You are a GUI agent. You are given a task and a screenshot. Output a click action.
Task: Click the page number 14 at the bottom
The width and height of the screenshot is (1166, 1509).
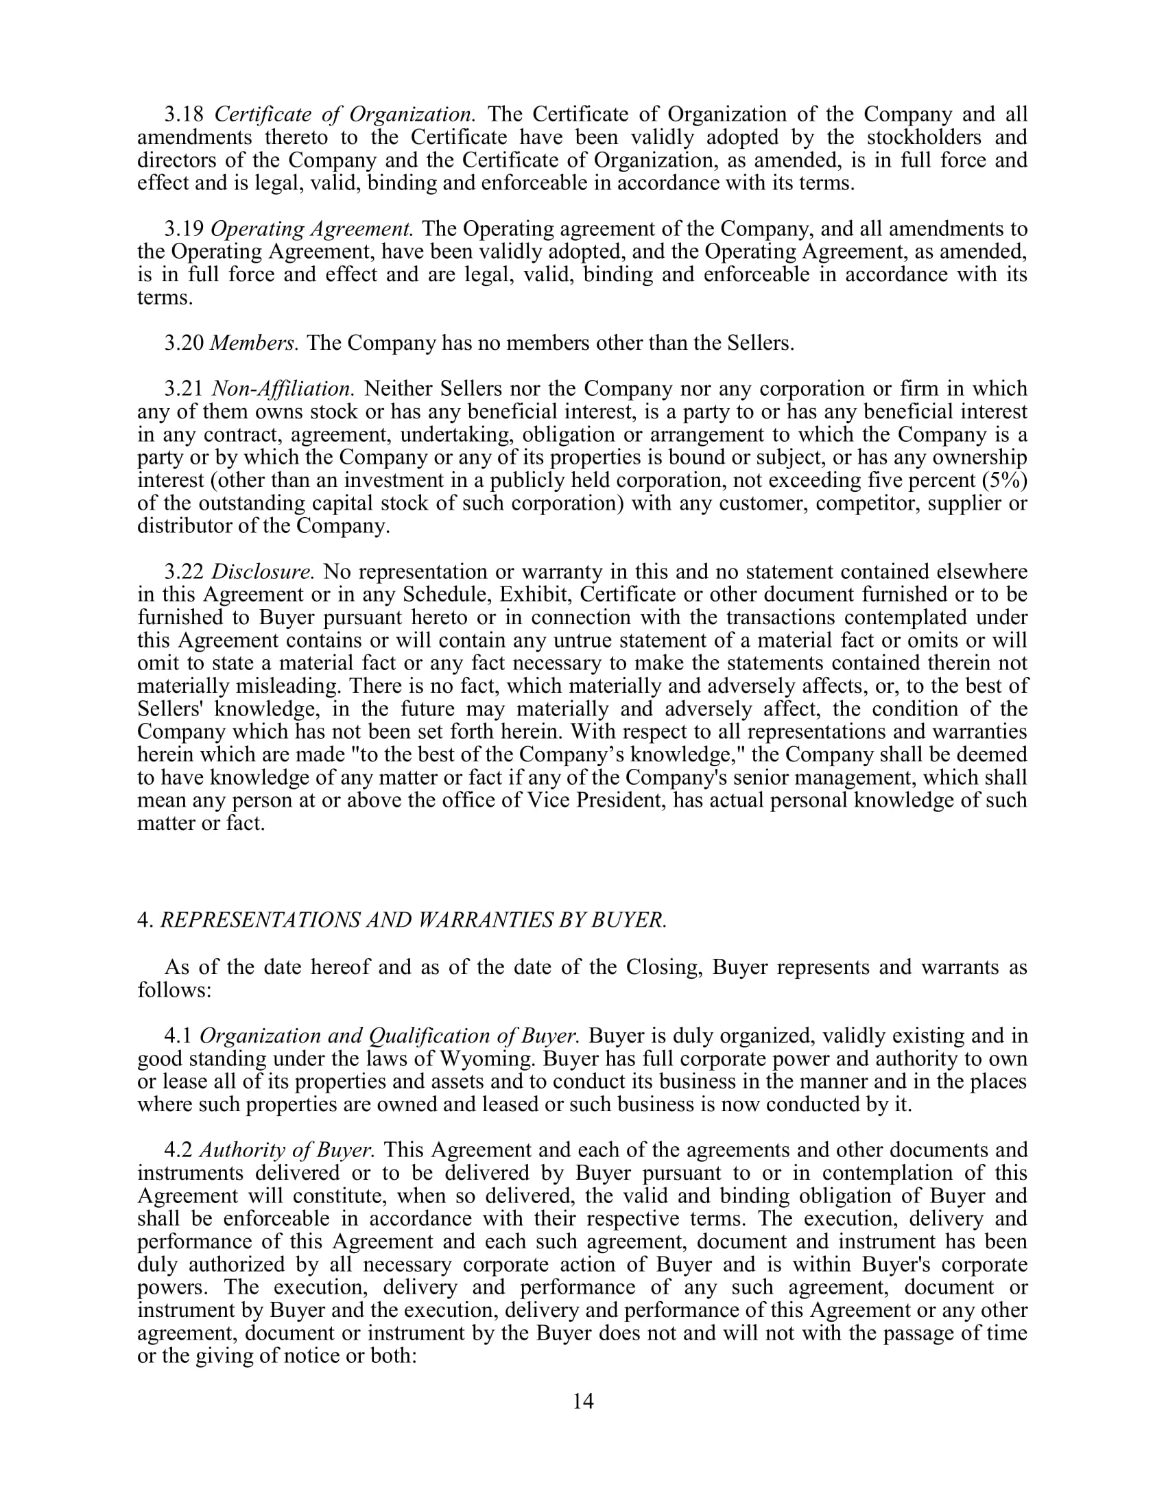(582, 1401)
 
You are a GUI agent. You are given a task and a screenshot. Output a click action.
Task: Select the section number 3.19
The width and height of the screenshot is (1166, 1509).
(183, 228)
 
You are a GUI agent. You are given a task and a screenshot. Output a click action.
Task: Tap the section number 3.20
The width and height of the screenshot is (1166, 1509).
(183, 343)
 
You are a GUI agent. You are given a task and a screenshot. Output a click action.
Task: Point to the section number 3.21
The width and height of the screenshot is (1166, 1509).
(183, 389)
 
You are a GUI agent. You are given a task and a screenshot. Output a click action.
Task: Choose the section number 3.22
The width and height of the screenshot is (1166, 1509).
(183, 572)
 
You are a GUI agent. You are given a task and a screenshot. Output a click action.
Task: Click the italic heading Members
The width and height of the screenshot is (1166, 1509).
(254, 343)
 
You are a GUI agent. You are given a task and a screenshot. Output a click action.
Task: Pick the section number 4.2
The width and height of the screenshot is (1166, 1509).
(178, 1150)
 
